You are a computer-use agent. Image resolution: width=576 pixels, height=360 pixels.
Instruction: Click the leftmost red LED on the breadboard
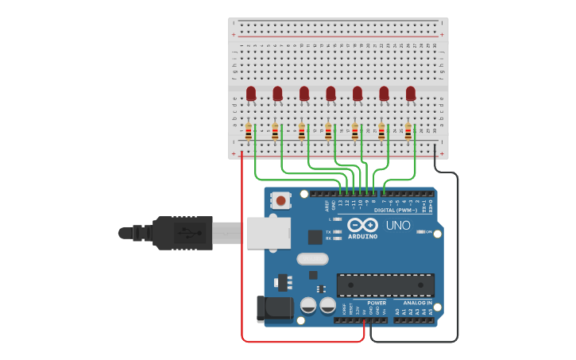tap(251, 95)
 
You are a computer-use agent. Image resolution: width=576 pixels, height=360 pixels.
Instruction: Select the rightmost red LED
tap(411, 95)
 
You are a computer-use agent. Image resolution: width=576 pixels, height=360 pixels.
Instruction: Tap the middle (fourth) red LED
tap(331, 95)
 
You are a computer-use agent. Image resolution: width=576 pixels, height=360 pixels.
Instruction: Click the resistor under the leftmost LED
tap(249, 132)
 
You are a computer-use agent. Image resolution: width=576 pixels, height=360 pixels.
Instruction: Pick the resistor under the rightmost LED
tap(408, 132)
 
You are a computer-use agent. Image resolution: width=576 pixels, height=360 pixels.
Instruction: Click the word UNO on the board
tap(398, 226)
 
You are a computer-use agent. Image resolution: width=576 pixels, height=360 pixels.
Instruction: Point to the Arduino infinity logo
tap(362, 225)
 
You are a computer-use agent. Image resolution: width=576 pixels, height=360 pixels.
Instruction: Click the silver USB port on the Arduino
tap(265, 232)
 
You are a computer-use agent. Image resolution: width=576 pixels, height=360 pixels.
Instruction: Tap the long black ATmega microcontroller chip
tap(385, 285)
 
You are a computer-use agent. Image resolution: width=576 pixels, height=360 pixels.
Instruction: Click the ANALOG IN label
tap(417, 303)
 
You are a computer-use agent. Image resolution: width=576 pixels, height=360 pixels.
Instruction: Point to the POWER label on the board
tap(377, 303)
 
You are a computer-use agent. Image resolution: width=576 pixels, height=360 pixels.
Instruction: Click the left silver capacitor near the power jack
tap(308, 304)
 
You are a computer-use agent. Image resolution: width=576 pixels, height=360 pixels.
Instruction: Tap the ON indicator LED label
tap(428, 232)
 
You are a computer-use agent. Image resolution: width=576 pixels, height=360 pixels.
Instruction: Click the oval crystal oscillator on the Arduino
tap(312, 258)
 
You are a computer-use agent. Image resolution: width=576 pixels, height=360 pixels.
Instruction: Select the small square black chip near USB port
tap(315, 237)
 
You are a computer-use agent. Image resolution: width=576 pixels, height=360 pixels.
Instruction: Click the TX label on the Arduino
tap(328, 231)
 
